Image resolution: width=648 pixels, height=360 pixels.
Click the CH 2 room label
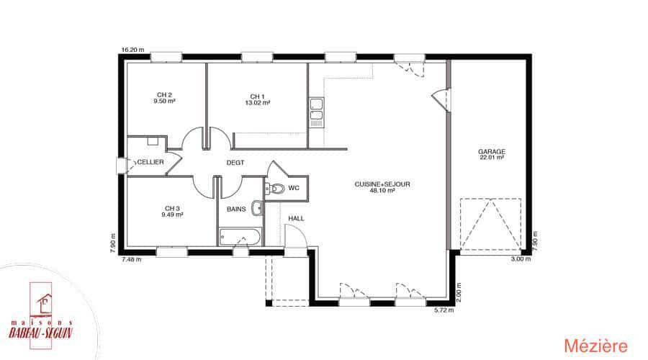164,94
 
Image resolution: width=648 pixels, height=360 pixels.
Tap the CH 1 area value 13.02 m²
258,103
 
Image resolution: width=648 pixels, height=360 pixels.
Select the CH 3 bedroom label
172,208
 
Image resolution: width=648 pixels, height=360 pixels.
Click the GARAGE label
492,152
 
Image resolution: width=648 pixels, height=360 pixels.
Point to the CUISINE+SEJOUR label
382,184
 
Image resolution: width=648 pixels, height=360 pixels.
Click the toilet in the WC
275,189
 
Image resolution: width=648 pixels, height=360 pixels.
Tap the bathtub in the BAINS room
240,237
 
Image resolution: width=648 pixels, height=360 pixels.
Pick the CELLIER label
150,162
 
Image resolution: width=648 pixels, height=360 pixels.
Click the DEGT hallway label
235,163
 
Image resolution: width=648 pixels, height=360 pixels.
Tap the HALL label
296,218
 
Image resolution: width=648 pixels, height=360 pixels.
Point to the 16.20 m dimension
132,50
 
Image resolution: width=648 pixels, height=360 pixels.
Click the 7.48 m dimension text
132,260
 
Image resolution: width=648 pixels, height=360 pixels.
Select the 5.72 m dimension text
444,310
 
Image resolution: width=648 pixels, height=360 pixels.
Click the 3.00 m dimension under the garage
521,259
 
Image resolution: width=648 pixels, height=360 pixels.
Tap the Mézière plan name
596,346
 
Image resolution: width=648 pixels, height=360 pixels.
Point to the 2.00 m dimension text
459,292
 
